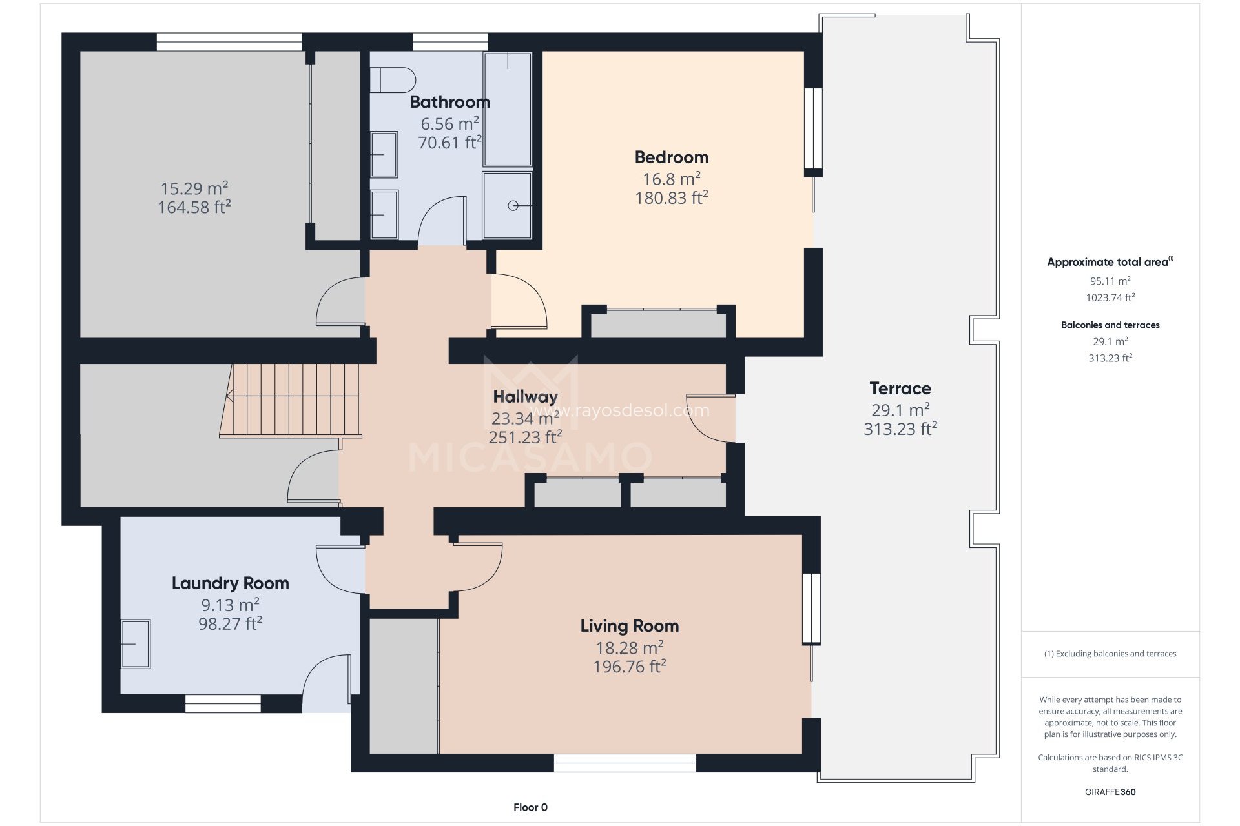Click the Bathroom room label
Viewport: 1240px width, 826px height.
pyautogui.click(x=449, y=102)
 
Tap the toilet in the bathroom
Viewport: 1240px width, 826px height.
pyautogui.click(x=393, y=80)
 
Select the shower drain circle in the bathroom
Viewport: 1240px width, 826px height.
pyautogui.click(x=513, y=206)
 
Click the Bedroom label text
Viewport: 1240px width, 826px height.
pyautogui.click(x=672, y=157)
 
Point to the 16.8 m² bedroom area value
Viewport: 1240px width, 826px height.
pyautogui.click(x=672, y=179)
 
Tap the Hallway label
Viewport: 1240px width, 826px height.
pyautogui.click(x=525, y=397)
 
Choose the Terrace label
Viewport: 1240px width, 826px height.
pyautogui.click(x=900, y=388)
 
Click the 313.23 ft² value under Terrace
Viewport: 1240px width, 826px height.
pyautogui.click(x=900, y=429)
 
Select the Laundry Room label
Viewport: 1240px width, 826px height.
pyautogui.click(x=230, y=583)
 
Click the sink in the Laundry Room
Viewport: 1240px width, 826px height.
pyautogui.click(x=136, y=644)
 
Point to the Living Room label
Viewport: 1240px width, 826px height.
pyautogui.click(x=630, y=626)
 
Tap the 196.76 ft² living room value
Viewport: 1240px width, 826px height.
pyautogui.click(x=630, y=667)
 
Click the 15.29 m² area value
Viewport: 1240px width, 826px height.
pyautogui.click(x=194, y=188)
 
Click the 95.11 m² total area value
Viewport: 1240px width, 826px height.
pyautogui.click(x=1110, y=281)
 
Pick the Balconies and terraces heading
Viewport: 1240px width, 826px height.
pyautogui.click(x=1110, y=325)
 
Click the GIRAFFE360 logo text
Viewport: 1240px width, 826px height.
pyautogui.click(x=1110, y=792)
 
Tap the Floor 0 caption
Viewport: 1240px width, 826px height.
pyautogui.click(x=530, y=807)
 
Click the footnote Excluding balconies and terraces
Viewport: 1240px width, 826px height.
pyautogui.click(x=1110, y=654)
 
